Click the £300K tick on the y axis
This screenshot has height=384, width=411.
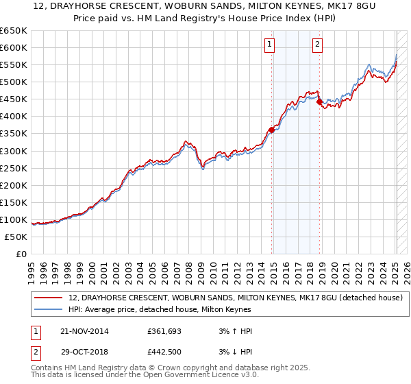[x=14, y=151]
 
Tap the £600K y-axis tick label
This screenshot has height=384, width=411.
[x=14, y=47]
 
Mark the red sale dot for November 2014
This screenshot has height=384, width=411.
[x=272, y=129]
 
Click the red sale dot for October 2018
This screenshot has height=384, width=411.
[x=319, y=101]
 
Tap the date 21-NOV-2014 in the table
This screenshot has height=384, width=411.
[x=85, y=331]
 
